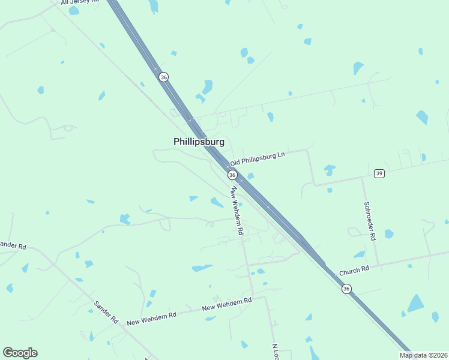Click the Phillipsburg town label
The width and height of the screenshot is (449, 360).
coord(199,142)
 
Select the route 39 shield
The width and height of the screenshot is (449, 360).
coord(379,173)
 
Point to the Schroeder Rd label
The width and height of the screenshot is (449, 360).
coord(369,220)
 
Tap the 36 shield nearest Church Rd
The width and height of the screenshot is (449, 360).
coord(346,289)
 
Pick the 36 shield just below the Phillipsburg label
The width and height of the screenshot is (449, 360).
coord(232,175)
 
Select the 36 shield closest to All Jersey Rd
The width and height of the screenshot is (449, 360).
coord(163,77)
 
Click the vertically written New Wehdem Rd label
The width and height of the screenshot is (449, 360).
coord(237,210)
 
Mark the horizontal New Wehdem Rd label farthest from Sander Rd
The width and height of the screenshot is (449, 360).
coord(226,304)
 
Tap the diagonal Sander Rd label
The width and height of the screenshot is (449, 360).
coord(106,313)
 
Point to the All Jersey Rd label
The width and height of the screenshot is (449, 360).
coord(80,2)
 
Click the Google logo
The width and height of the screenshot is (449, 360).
coord(20,353)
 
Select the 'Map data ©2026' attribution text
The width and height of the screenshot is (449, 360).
coord(423,355)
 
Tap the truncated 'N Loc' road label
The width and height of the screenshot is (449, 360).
coord(276,352)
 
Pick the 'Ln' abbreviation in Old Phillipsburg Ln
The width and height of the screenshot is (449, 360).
coord(280,155)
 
